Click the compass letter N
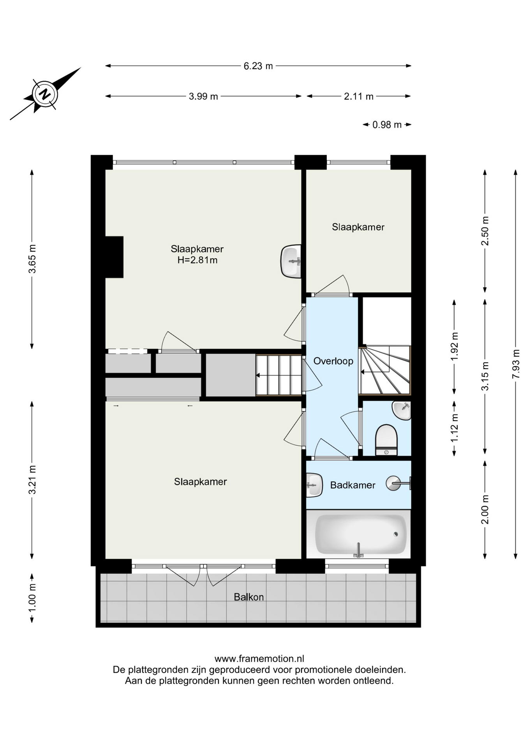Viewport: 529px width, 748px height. [46, 94]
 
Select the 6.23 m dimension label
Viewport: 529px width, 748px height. [258, 66]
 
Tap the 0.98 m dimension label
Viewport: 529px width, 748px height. [387, 125]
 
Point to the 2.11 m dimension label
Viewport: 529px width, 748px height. [358, 96]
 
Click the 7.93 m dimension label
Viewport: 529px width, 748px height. [516, 363]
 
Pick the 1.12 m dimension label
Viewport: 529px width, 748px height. [454, 427]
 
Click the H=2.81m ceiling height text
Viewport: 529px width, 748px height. [197, 260]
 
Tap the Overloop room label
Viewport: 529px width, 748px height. [333, 361]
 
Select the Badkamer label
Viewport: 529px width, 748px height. [353, 485]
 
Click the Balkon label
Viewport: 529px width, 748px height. [249, 597]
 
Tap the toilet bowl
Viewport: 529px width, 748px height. [386, 439]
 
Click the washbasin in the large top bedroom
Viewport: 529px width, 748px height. [291, 261]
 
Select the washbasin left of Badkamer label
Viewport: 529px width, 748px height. [314, 485]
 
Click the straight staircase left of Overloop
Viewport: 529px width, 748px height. [279, 375]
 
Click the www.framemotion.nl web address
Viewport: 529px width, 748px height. [259, 659]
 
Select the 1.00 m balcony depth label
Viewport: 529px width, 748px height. [32, 598]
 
